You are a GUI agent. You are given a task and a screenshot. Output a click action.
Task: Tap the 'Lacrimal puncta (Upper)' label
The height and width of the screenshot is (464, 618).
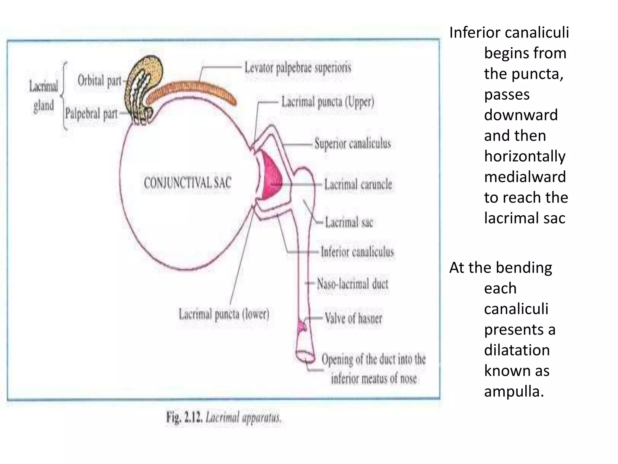point(328,102)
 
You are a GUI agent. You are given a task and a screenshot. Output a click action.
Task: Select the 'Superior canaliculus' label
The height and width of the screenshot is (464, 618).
point(352,143)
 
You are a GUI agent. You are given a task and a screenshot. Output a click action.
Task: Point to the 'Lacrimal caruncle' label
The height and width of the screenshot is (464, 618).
point(358,184)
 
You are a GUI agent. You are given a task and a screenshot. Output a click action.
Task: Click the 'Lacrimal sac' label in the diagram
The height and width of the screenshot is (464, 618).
point(349,223)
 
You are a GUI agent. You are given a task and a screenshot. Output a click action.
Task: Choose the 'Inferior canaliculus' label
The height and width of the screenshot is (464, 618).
point(357,252)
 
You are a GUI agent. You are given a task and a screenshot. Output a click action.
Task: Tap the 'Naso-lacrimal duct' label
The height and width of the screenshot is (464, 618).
point(352,284)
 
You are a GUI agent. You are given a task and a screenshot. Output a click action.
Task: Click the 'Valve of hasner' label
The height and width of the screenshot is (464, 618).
point(353,318)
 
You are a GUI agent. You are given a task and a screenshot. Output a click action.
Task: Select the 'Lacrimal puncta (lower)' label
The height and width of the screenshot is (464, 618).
point(224,314)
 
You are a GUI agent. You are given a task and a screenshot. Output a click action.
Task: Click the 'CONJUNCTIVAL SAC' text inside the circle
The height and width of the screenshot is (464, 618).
point(187,183)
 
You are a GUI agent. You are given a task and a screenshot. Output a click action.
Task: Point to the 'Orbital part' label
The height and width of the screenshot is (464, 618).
point(99,81)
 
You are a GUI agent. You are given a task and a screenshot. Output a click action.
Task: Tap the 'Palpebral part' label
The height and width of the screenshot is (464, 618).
point(91,114)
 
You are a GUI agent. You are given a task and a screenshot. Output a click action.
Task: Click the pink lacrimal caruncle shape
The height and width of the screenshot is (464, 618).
point(271,177)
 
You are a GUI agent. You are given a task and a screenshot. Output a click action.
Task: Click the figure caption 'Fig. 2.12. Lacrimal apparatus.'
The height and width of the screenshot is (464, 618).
point(224,418)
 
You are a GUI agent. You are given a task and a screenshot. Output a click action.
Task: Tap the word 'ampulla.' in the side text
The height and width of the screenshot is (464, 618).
point(514,391)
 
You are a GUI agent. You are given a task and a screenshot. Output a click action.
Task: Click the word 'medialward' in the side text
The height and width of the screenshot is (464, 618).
point(525,177)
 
